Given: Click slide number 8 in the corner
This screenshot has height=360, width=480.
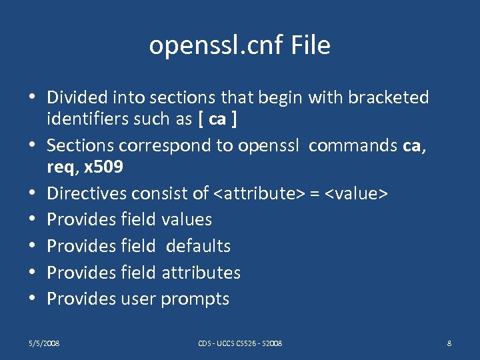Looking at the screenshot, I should coord(449,343).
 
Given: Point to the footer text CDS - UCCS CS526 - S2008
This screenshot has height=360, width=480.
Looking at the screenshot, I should coord(240,343).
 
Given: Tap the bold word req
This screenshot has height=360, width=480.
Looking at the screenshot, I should coord(61,167).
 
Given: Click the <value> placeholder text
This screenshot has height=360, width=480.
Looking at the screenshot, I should coord(357,193).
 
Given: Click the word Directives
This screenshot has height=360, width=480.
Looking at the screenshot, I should coord(87,193).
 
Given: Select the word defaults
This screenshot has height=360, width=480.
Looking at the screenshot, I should coord(198,246).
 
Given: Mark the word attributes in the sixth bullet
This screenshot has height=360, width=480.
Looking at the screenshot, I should coord(201,273).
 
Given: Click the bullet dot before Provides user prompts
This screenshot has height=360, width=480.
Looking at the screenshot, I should coord(33,299).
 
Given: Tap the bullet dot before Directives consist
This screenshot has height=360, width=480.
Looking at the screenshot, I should coord(33,193).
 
